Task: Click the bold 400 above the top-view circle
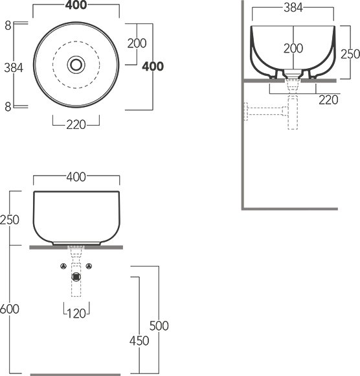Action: [x=76, y=5]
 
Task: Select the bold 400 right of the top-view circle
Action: [x=153, y=66]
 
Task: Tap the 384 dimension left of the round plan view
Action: [x=14, y=68]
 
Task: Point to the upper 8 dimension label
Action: [x=8, y=25]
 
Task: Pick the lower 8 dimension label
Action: [x=8, y=107]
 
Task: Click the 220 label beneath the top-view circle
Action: [x=76, y=125]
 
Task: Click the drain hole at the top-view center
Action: [x=76, y=65]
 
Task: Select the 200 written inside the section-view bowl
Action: [x=293, y=49]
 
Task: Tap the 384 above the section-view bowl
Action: [x=293, y=8]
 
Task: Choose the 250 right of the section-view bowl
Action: [x=350, y=54]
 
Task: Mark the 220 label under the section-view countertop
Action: [x=328, y=100]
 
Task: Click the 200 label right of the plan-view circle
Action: [x=137, y=43]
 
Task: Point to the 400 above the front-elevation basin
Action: [x=76, y=177]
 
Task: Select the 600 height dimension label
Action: [x=10, y=309]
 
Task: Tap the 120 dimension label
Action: [x=76, y=314]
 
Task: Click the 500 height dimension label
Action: [x=159, y=326]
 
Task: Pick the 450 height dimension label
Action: [x=139, y=341]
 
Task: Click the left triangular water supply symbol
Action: [x=63, y=266]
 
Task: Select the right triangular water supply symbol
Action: [x=89, y=266]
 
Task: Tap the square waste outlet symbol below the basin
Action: [x=76, y=277]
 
